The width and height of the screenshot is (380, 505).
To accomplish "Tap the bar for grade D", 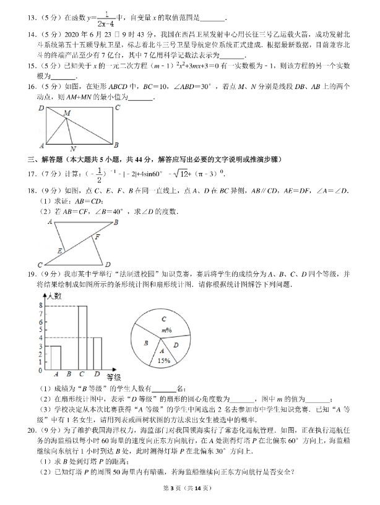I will pos(97,353).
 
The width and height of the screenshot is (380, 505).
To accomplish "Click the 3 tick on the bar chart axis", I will pos(40,347).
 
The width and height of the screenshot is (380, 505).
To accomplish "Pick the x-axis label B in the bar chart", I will pos(69,374).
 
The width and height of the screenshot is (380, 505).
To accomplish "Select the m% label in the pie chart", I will pos(166,331).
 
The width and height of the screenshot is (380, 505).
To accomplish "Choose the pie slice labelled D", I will pos(176,346).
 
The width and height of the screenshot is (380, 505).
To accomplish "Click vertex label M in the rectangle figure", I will pos(66,112).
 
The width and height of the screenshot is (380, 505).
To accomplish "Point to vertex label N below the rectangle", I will pos(73,149).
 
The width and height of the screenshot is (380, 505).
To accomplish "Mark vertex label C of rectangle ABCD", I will pos(118,108).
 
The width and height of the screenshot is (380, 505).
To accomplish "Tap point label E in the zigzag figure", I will pos(59,252).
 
